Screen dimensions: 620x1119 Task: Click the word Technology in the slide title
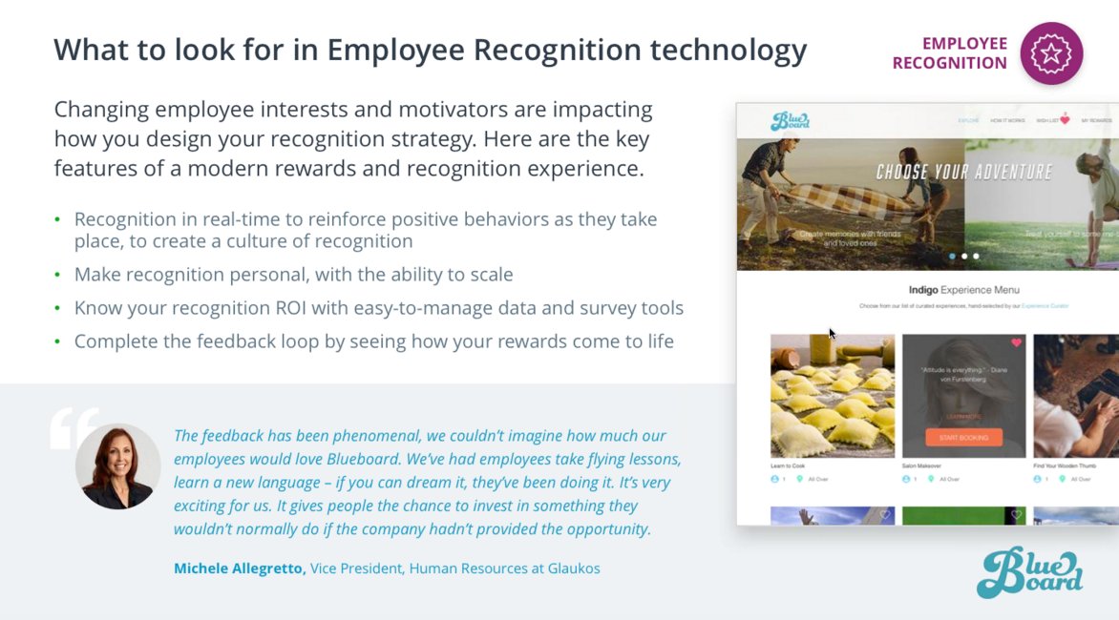pyautogui.click(x=733, y=50)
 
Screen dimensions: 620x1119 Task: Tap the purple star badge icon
pyautogui.click(x=1051, y=53)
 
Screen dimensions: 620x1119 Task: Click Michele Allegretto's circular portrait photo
pyautogui.click(x=118, y=466)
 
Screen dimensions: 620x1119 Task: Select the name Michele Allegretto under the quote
pyautogui.click(x=240, y=568)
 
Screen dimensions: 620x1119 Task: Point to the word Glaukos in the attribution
pyautogui.click(x=573, y=568)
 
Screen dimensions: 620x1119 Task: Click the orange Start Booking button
pyautogui.click(x=963, y=437)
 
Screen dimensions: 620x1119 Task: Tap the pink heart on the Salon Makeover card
pyautogui.click(x=1016, y=342)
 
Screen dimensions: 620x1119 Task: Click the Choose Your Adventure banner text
pyautogui.click(x=963, y=173)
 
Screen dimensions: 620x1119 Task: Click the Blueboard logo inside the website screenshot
pyautogui.click(x=790, y=121)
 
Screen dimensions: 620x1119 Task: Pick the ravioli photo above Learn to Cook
pyautogui.click(x=832, y=395)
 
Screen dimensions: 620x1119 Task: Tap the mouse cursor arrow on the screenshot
pyautogui.click(x=832, y=333)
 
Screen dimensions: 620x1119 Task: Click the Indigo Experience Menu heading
pyautogui.click(x=963, y=289)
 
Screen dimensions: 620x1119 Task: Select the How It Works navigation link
pyautogui.click(x=1006, y=121)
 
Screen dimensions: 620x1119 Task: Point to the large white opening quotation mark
pyautogui.click(x=74, y=428)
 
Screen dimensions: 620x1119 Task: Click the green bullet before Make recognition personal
pyautogui.click(x=57, y=276)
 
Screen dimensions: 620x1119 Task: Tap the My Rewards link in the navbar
pyautogui.click(x=1096, y=121)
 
